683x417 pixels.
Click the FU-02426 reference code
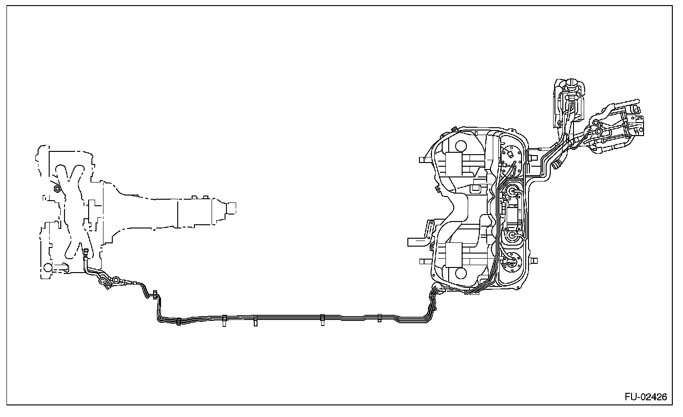645,397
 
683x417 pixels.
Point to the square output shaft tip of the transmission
231,208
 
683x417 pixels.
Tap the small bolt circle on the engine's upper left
57,188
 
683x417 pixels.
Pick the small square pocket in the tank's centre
475,189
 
